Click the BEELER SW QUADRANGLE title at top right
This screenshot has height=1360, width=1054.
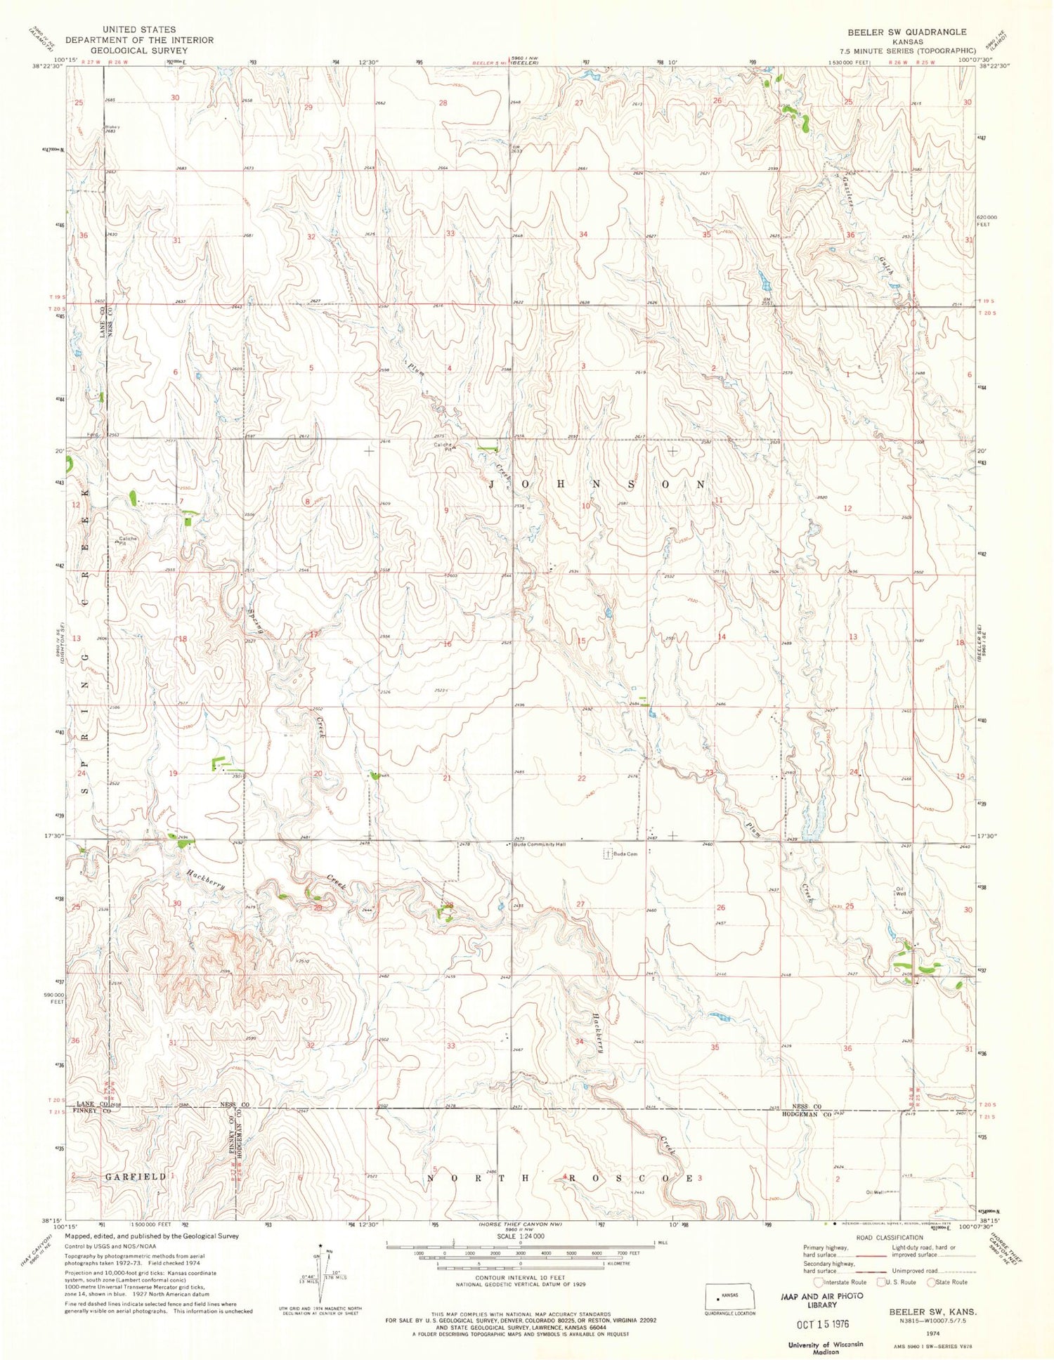906,32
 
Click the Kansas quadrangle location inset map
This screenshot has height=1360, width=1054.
731,1294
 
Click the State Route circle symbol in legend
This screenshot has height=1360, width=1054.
935,1282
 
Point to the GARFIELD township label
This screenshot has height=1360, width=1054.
135,1176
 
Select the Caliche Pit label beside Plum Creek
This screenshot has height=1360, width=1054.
442,447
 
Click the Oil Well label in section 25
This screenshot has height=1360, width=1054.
899,891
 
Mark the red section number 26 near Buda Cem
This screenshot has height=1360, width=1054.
720,908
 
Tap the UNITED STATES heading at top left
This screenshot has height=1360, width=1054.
139,30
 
